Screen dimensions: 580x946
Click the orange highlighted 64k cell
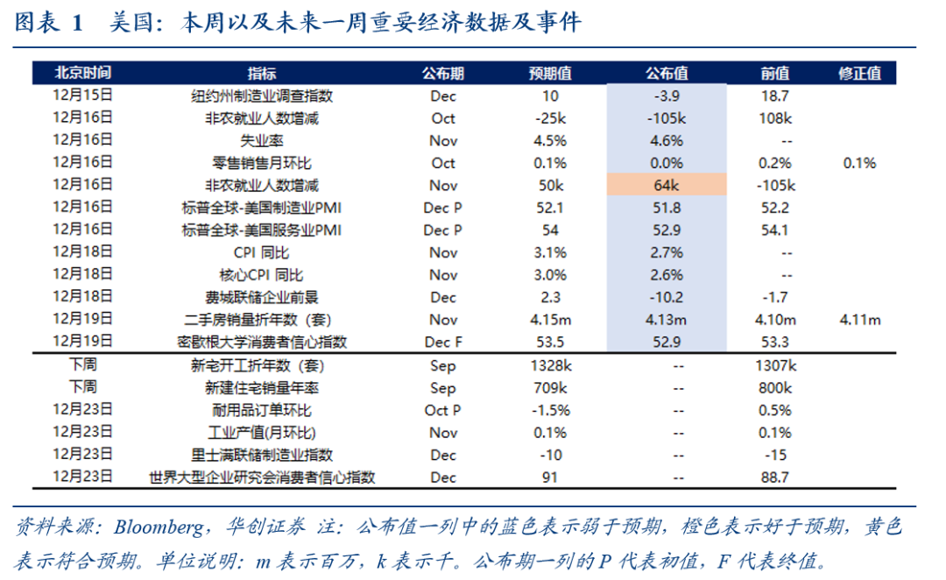click(x=666, y=185)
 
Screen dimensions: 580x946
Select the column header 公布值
click(x=666, y=73)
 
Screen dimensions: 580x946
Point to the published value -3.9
click(x=666, y=95)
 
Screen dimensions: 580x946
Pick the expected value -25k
click(x=550, y=117)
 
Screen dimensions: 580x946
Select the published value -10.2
click(x=666, y=297)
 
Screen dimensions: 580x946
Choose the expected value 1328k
click(x=550, y=364)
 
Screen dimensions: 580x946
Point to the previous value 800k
click(x=774, y=387)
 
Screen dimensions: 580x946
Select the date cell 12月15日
click(x=82, y=95)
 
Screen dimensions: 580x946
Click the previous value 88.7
click(x=774, y=477)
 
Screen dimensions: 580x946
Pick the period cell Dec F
click(x=443, y=342)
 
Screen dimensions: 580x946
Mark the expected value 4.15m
click(x=550, y=320)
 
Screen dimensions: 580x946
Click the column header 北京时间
click(x=82, y=73)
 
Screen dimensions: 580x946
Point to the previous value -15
click(x=774, y=455)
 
